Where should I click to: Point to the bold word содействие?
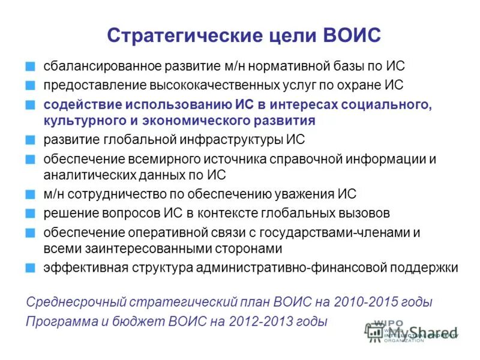coord(81,104)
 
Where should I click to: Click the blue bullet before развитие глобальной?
coord(31,140)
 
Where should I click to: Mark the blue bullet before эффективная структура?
coord(31,268)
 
